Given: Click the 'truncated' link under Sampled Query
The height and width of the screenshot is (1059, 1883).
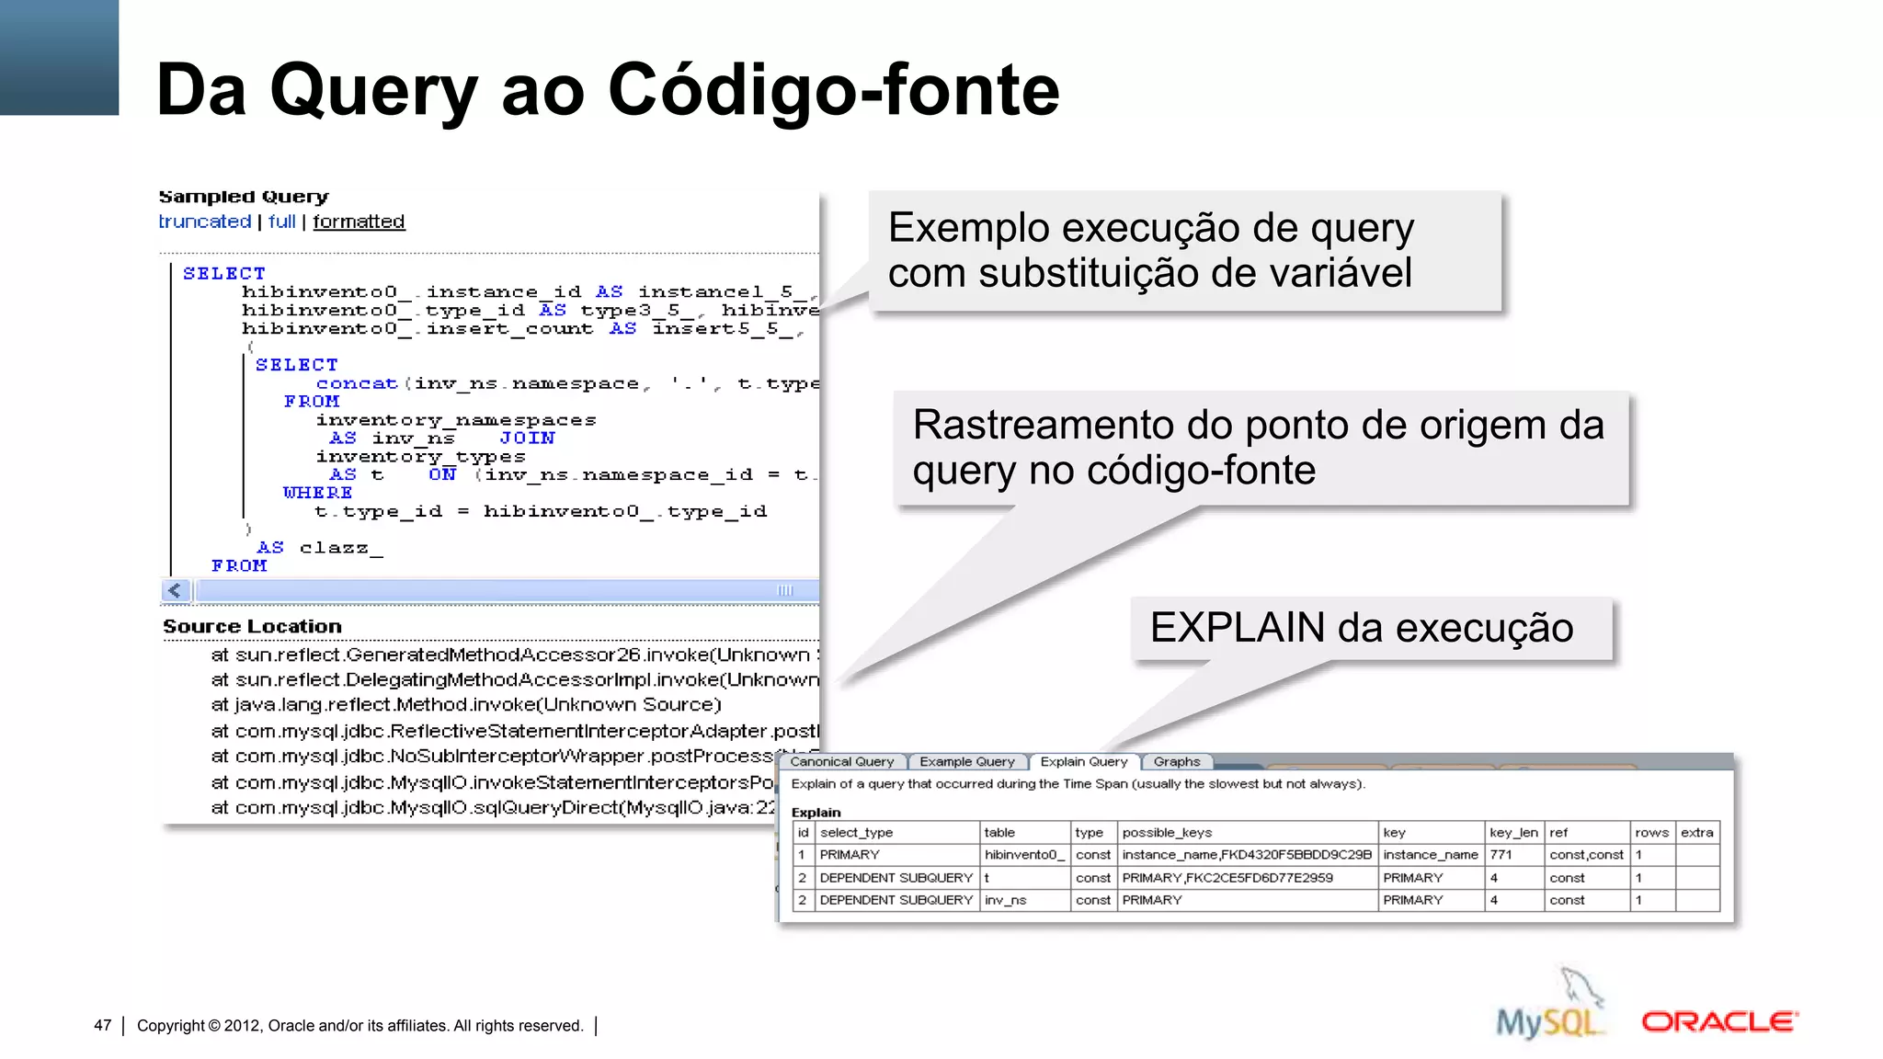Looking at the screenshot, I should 204,222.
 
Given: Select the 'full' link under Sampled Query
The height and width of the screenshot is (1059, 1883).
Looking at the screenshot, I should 281,222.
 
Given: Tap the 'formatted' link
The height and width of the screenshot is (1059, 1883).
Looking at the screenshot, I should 359,222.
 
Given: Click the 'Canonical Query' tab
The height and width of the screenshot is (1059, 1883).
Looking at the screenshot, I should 841,761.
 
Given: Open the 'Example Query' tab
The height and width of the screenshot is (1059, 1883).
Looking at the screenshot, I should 966,761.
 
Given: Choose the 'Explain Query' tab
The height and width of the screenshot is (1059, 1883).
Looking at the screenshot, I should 1083,761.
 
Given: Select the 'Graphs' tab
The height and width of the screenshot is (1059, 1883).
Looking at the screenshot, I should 1176,761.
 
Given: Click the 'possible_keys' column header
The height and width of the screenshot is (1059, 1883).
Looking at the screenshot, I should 1167,832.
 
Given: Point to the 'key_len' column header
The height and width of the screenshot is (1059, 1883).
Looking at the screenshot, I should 1513,832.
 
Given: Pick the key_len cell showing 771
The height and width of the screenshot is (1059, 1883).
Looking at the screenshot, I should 1501,854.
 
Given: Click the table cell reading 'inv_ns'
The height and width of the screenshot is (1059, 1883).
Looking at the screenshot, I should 1005,900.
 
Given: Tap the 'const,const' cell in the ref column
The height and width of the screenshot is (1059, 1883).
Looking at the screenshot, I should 1586,854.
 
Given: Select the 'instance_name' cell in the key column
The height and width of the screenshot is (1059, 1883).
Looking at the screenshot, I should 1430,854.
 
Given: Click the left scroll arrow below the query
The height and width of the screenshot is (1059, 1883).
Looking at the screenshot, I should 175,590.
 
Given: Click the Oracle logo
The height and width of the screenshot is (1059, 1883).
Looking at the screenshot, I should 1718,1021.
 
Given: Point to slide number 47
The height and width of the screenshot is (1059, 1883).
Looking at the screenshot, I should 103,1025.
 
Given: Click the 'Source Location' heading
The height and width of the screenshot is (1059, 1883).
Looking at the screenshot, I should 252,626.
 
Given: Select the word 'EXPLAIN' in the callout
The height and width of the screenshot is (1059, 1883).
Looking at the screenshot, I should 1237,628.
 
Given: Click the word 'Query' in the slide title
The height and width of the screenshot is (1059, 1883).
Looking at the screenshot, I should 373,90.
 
